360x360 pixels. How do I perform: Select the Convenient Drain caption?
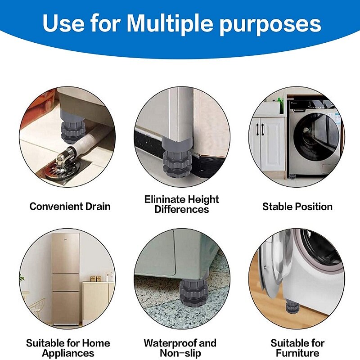click(x=70, y=207)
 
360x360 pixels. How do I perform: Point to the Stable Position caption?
click(x=297, y=207)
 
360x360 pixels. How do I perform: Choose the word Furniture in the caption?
click(x=297, y=353)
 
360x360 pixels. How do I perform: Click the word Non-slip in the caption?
click(x=180, y=353)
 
